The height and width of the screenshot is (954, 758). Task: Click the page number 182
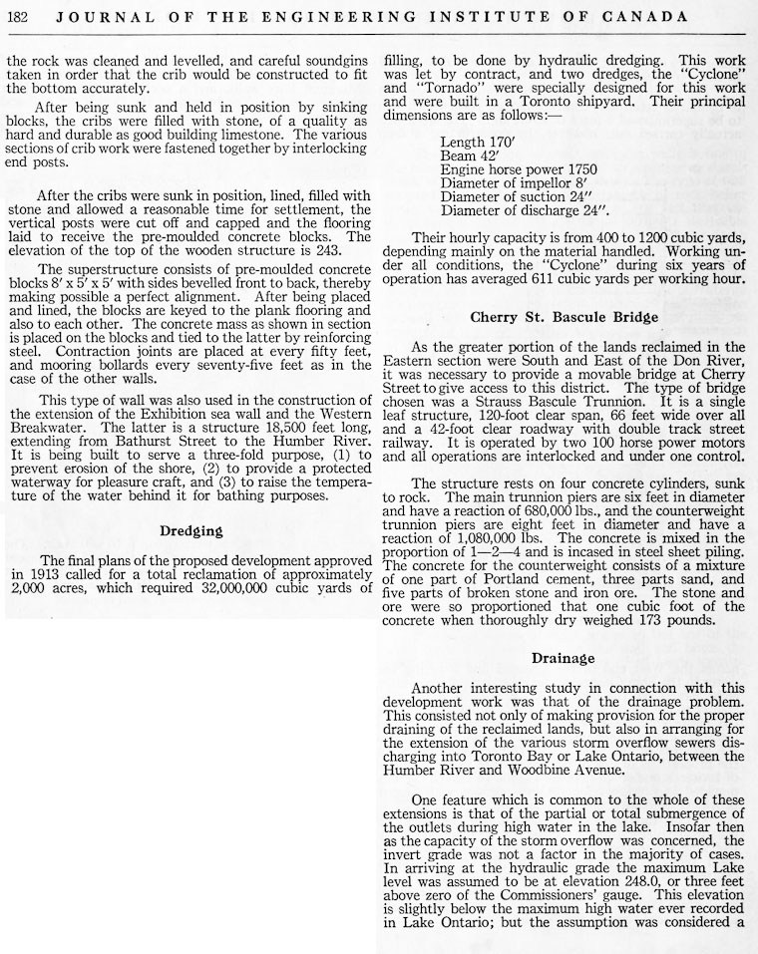click(19, 17)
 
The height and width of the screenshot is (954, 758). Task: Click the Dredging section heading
click(191, 531)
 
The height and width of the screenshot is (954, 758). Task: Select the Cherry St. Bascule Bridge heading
click(565, 317)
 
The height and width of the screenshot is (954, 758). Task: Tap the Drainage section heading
click(564, 658)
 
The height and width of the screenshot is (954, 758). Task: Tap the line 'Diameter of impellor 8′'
click(517, 183)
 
